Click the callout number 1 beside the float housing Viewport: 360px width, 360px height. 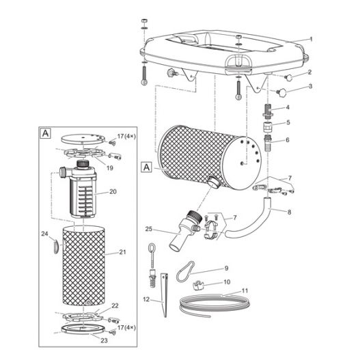coord(311,39)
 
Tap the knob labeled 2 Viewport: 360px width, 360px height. coord(288,78)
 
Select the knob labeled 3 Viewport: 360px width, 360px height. coord(281,92)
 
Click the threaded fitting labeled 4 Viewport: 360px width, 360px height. coord(267,111)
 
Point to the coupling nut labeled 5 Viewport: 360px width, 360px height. coord(267,127)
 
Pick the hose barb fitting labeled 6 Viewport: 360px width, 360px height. coord(268,143)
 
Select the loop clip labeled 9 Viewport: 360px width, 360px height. coord(185,271)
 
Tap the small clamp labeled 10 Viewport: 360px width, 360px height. coord(198,285)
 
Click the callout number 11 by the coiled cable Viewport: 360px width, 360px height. coord(245,291)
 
